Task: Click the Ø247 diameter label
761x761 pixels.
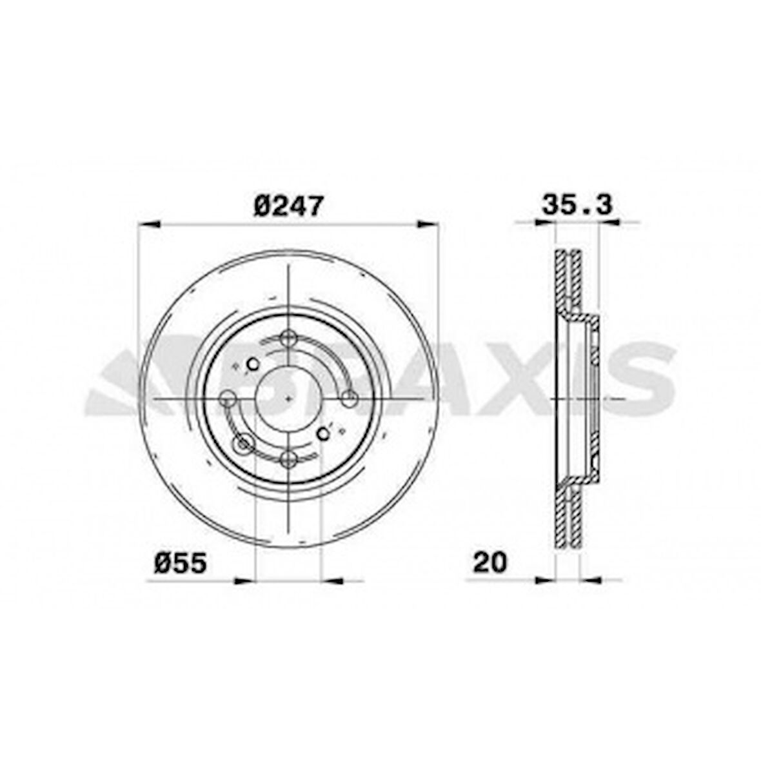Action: pyautogui.click(x=288, y=206)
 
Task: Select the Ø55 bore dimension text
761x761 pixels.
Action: pyautogui.click(x=181, y=563)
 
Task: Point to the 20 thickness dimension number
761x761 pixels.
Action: pyautogui.click(x=490, y=562)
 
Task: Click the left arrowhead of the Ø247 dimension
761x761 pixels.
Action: pyautogui.click(x=149, y=224)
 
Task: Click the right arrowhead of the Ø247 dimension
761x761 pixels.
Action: pyautogui.click(x=428, y=224)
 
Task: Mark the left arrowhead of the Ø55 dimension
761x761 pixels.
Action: pyautogui.click(x=245, y=580)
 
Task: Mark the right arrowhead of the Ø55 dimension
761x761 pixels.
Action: pyautogui.click(x=330, y=580)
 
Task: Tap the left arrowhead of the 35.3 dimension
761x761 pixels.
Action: pyautogui.click(x=545, y=223)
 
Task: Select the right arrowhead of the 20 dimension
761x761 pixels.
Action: pyautogui.click(x=591, y=580)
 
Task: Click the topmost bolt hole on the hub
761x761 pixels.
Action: pyautogui.click(x=288, y=337)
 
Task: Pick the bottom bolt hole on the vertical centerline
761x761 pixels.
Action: pyautogui.click(x=289, y=459)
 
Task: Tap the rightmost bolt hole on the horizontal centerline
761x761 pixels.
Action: pyautogui.click(x=350, y=399)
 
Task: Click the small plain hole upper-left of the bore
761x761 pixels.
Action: pyautogui.click(x=253, y=364)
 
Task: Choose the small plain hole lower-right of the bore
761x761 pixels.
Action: pyautogui.click(x=324, y=434)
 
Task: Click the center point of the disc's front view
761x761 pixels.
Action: pyautogui.click(x=288, y=399)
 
